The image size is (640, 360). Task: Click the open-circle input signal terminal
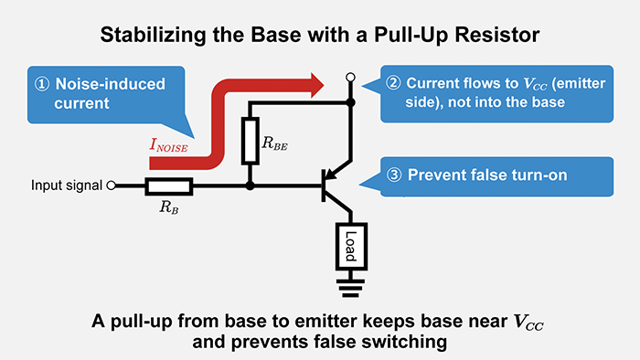point(112,186)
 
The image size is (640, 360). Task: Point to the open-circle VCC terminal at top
point(351,78)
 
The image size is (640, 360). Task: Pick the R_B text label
point(169,208)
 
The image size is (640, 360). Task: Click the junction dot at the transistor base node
point(250,186)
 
